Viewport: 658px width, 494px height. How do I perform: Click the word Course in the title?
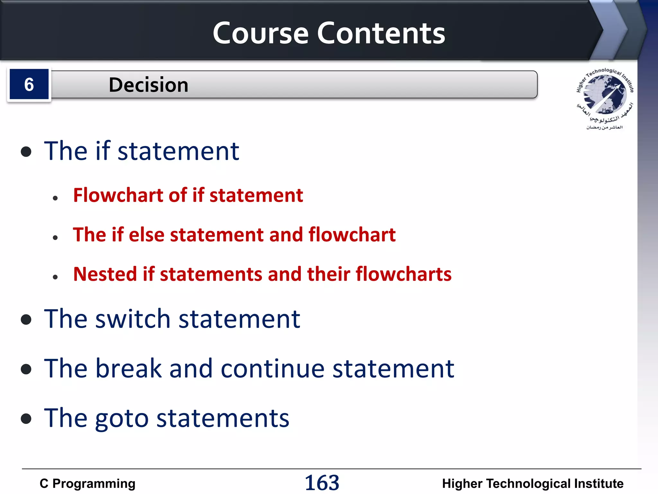tap(260, 33)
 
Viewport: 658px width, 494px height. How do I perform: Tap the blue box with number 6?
tap(29, 85)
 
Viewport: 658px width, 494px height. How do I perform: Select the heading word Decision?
tap(148, 85)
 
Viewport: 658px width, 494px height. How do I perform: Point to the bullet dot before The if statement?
tap(26, 152)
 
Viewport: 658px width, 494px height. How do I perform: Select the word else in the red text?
tap(147, 234)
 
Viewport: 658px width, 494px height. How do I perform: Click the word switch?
tap(133, 319)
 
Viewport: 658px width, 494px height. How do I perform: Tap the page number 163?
tap(322, 483)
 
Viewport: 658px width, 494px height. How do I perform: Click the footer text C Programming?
tap(87, 484)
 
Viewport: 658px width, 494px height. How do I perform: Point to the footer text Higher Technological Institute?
tap(532, 484)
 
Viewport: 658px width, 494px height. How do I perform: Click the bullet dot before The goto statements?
tap(26, 419)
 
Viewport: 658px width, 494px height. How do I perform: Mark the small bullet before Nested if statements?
tap(55, 277)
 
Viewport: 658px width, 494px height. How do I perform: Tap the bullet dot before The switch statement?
tap(26, 320)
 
